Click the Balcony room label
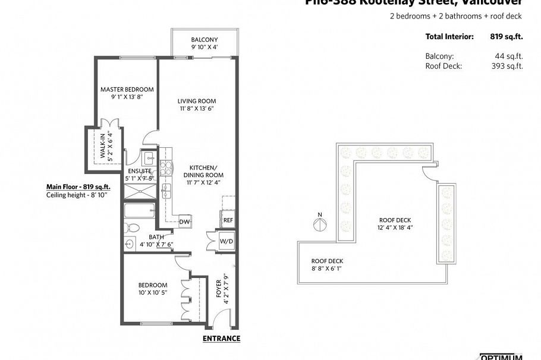(x=204, y=40)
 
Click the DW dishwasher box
(x=184, y=222)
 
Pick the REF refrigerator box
(x=228, y=220)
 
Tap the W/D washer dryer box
(x=227, y=241)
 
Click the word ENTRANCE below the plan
(x=221, y=339)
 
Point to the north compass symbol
(x=320, y=225)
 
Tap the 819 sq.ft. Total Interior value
(x=506, y=37)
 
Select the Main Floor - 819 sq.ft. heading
(x=78, y=187)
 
